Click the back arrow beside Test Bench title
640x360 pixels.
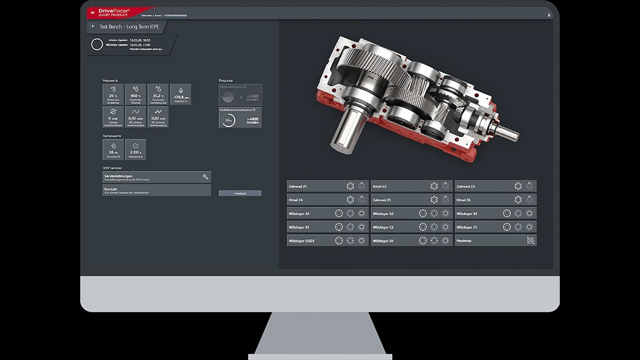(93, 26)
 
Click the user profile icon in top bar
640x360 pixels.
(549, 14)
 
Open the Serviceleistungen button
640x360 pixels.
(156, 177)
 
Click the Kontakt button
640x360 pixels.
(156, 190)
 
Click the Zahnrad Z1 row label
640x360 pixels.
(298, 186)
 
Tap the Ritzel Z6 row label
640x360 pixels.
(465, 200)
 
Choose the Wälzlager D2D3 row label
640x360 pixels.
(302, 240)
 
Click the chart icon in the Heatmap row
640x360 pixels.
(530, 240)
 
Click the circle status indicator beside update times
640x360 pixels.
(96, 44)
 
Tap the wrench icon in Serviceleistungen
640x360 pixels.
(205, 177)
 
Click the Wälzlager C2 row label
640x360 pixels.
(383, 227)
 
